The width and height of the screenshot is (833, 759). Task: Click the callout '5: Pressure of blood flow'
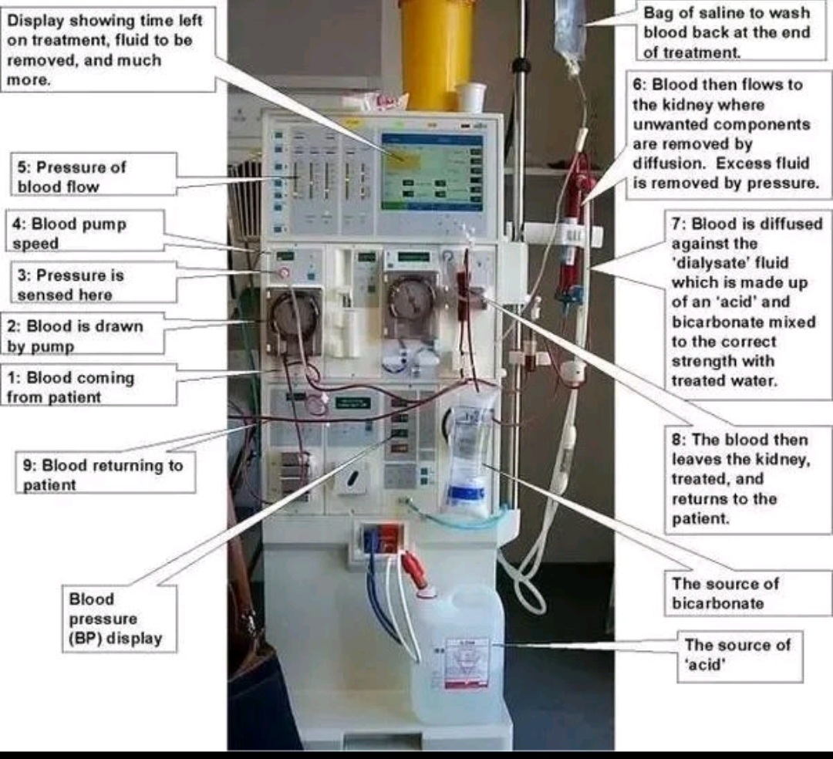tap(96, 177)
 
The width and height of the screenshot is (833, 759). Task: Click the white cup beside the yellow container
tap(471, 97)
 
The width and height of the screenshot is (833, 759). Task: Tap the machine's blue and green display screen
tap(432, 171)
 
